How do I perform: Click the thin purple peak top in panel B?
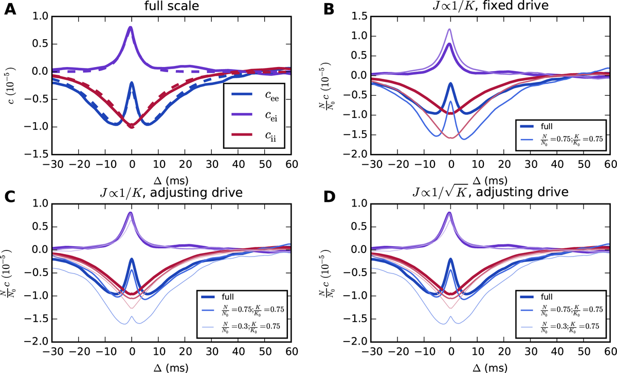[x=450, y=29]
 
